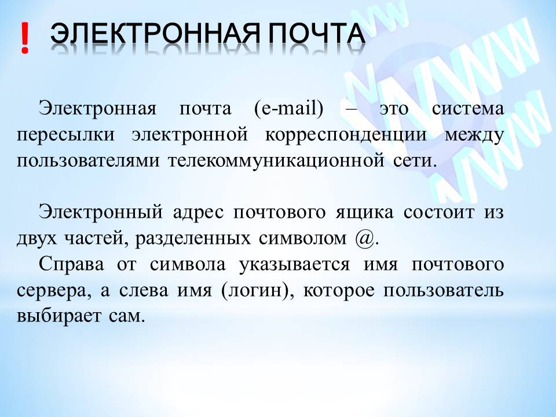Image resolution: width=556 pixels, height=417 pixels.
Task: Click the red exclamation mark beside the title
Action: (x=24, y=39)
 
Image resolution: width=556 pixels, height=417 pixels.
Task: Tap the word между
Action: (x=474, y=134)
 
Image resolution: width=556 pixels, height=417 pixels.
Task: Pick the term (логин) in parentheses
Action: (x=254, y=291)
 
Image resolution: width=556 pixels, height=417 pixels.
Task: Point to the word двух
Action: (x=36, y=239)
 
